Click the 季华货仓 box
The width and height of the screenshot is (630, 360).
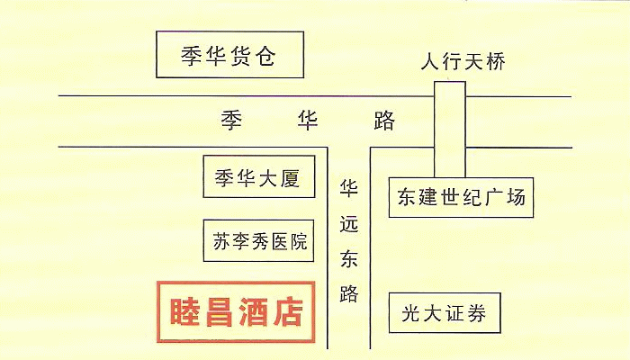coord(229,54)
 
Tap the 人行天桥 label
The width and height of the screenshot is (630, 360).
coord(463,61)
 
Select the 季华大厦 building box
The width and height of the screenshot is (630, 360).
coord(259,176)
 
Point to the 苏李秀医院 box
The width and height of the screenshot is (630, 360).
coord(258,240)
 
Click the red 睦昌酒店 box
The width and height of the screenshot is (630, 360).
coord(236,311)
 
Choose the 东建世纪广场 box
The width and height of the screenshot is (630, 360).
coord(461,197)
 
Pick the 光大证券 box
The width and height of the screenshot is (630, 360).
coord(445,312)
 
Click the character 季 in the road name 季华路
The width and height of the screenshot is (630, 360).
coord(232,120)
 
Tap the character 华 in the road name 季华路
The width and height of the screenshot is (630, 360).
coord(308,120)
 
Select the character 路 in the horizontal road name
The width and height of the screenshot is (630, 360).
coord(384,120)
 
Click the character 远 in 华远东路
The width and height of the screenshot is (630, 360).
coord(349,223)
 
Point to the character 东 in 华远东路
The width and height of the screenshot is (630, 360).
coord(349,258)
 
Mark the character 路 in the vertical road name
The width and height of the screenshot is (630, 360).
coord(349,293)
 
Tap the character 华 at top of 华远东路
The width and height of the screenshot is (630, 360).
coord(349,187)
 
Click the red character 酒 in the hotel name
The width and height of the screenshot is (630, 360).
coord(254,311)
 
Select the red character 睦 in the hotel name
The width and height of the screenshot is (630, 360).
coord(184,311)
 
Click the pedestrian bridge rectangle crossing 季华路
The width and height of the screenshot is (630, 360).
coord(450,129)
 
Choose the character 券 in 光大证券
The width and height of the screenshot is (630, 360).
coord(476,312)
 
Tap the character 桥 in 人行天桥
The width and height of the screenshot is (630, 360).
coord(495,61)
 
